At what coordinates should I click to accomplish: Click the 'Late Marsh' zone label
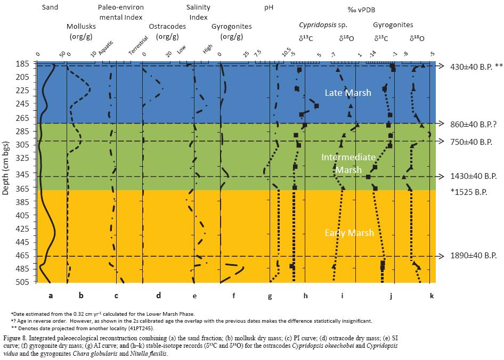pyautogui.click(x=348, y=93)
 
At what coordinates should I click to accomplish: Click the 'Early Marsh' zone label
pyautogui.click(x=349, y=233)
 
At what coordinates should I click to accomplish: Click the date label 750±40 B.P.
pyautogui.click(x=471, y=142)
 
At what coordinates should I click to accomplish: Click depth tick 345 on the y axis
pyautogui.click(x=22, y=184)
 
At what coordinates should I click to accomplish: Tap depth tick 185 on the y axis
pyautogui.click(x=22, y=64)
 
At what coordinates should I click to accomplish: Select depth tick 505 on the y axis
pyautogui.click(x=22, y=282)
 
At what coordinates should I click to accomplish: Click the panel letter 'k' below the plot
pyautogui.click(x=431, y=296)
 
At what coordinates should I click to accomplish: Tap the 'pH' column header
pyautogui.click(x=269, y=7)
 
